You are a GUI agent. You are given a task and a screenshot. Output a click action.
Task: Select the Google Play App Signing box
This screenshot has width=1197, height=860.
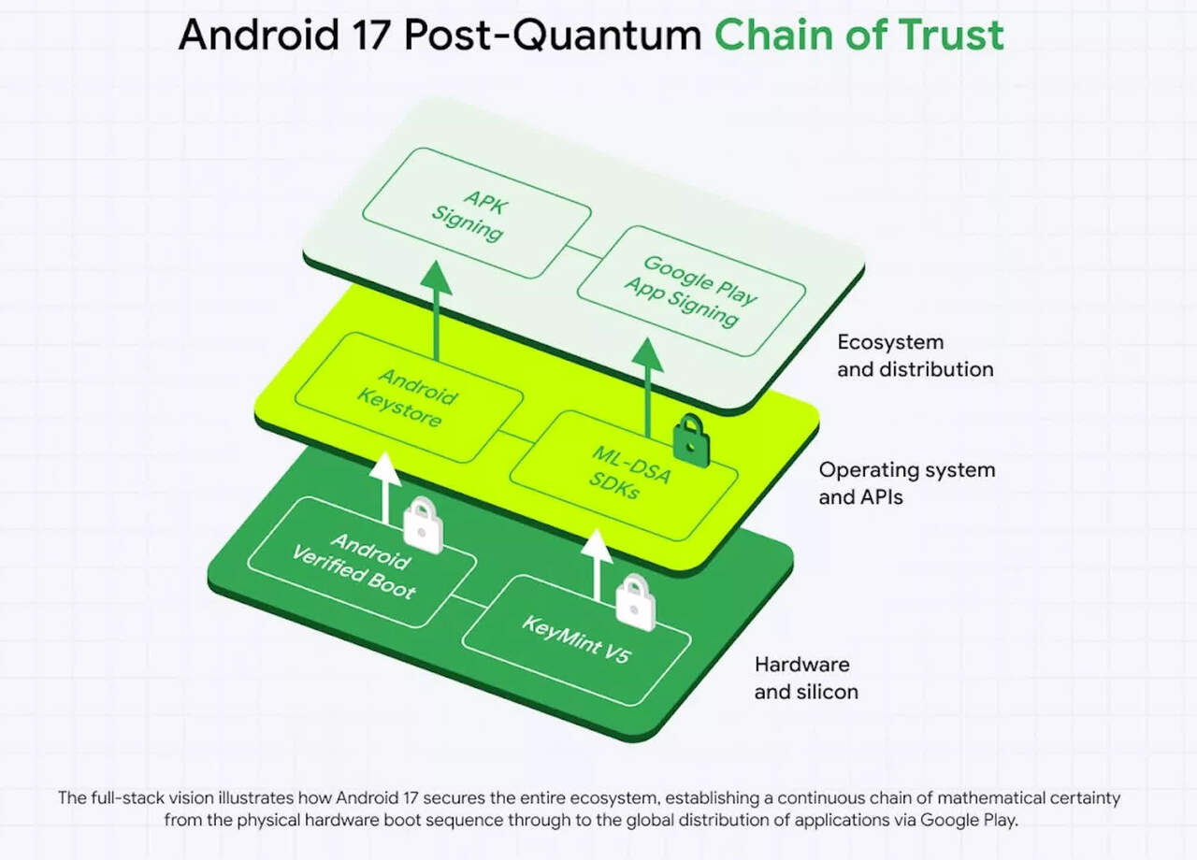pos(691,289)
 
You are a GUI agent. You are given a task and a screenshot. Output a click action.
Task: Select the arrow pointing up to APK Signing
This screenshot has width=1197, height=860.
pos(436,308)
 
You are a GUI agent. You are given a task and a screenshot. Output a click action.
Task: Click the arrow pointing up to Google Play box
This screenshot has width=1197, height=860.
pos(646,383)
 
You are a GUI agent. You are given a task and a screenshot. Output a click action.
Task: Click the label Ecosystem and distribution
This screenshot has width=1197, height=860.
pos(915,355)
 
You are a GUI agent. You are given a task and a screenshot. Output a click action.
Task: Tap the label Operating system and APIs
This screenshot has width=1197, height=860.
pos(906,483)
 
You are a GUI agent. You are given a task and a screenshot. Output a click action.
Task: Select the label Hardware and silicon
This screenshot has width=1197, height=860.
pos(806,678)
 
